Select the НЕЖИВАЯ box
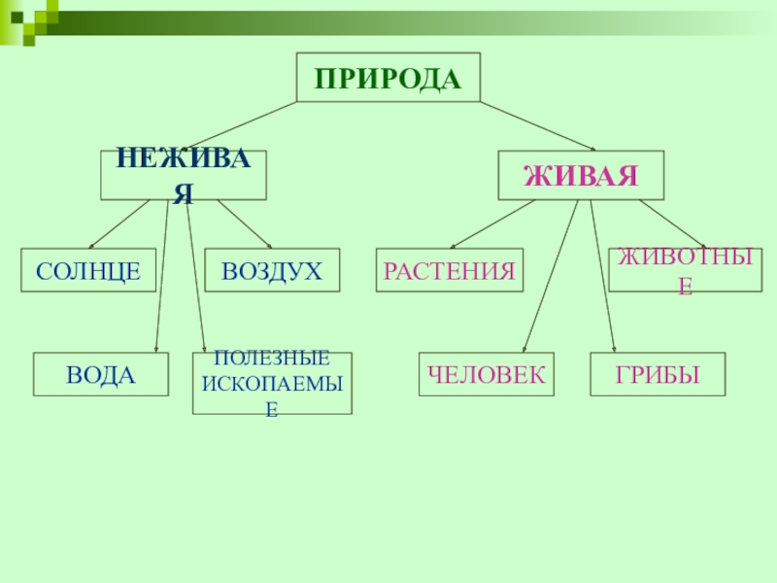183,174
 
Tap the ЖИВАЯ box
581,175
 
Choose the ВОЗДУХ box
272,270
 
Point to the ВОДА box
100,374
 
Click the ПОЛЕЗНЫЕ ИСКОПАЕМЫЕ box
272,384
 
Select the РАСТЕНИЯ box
450,270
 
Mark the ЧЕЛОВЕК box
486,374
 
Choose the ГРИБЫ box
658,374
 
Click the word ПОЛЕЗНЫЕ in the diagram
272,359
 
